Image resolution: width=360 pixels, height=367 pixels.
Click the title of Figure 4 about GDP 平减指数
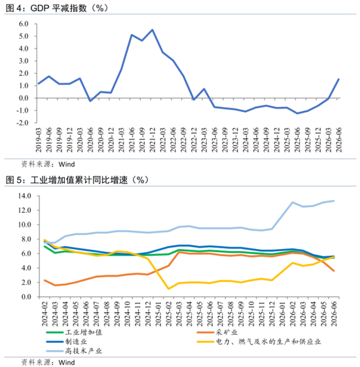pyautogui.click(x=57, y=8)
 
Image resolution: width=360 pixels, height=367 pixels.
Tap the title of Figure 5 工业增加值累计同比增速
pyautogui.click(x=77, y=180)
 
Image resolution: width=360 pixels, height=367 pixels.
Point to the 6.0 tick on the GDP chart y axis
pyautogui.click(x=24, y=24)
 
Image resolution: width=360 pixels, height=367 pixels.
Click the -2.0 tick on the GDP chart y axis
pyautogui.click(x=22, y=123)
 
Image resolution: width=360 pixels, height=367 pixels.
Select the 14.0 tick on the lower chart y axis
pyautogui.click(x=25, y=196)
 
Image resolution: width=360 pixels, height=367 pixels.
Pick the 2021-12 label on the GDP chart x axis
pyautogui.click(x=152, y=140)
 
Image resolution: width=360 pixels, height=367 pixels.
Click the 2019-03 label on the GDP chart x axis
pyautogui.click(x=39, y=140)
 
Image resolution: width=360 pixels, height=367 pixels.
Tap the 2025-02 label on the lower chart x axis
pyautogui.click(x=169, y=314)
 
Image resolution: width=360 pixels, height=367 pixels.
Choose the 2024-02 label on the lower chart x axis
pyautogui.click(x=45, y=314)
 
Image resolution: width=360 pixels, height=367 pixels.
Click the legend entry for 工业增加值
pyautogui.click(x=74, y=332)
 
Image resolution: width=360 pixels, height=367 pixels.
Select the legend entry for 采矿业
pyautogui.click(x=217, y=332)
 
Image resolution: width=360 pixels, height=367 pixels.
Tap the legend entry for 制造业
pyautogui.click(x=67, y=341)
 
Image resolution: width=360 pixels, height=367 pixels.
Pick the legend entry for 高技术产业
pyautogui.click(x=74, y=351)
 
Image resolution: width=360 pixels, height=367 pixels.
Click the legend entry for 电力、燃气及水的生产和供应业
pyautogui.click(x=259, y=341)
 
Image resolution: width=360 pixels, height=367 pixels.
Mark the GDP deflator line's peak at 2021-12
pyautogui.click(x=152, y=29)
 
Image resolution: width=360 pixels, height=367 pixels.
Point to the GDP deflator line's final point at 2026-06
pyautogui.click(x=338, y=79)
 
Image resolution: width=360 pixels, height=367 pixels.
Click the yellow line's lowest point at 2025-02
pyautogui.click(x=169, y=289)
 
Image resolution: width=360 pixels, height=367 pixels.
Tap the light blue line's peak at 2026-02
pyautogui.click(x=293, y=203)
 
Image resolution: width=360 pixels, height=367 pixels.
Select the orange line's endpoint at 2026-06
pyautogui.click(x=334, y=271)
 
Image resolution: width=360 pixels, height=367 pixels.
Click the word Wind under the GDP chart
pyautogui.click(x=67, y=164)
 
